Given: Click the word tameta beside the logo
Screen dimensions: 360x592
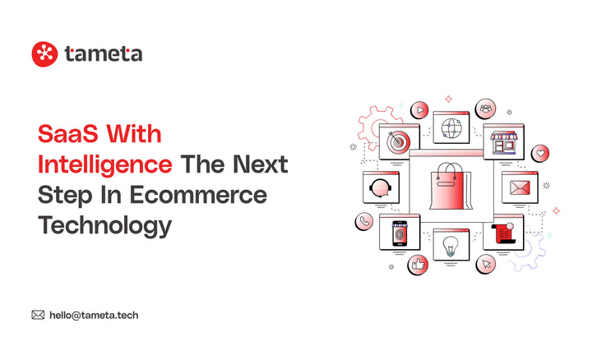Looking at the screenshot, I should click(103, 54).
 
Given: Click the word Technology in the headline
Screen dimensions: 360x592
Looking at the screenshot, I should click(104, 225).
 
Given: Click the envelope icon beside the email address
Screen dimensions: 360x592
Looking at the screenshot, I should click(38, 314).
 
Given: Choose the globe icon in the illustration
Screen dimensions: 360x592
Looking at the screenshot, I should click(451, 129).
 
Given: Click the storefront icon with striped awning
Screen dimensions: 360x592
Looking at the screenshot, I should click(503, 144).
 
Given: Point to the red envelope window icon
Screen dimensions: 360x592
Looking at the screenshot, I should click(519, 188).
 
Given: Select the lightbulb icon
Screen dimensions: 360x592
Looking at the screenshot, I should click(451, 245).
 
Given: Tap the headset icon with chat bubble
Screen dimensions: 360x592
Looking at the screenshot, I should click(380, 187).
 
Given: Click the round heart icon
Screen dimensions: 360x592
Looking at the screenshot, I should click(540, 154).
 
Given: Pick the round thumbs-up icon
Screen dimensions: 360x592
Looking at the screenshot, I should click(418, 265).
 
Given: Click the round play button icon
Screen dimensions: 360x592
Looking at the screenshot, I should click(420, 108).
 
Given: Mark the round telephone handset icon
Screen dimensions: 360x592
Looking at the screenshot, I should click(363, 221).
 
